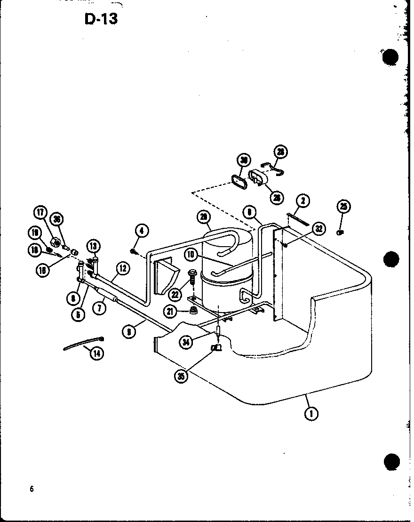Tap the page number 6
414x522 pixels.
point(32,489)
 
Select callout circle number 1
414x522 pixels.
point(311,414)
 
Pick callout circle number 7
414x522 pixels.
point(99,308)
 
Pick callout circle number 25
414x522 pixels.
point(344,207)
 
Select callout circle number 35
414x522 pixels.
point(181,376)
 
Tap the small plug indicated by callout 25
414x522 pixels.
point(340,232)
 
